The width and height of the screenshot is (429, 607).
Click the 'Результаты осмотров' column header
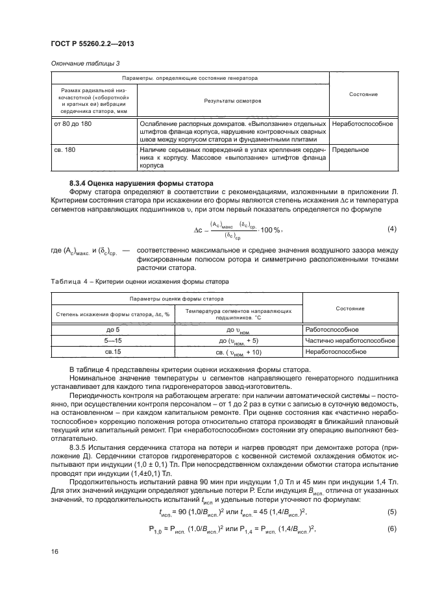(x=232, y=101)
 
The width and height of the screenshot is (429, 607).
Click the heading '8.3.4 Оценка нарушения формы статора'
(x=132, y=184)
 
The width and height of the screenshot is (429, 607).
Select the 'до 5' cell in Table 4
(x=113, y=330)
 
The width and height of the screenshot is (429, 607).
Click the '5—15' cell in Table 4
(x=113, y=341)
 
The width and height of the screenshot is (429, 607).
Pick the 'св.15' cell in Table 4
(x=113, y=351)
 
